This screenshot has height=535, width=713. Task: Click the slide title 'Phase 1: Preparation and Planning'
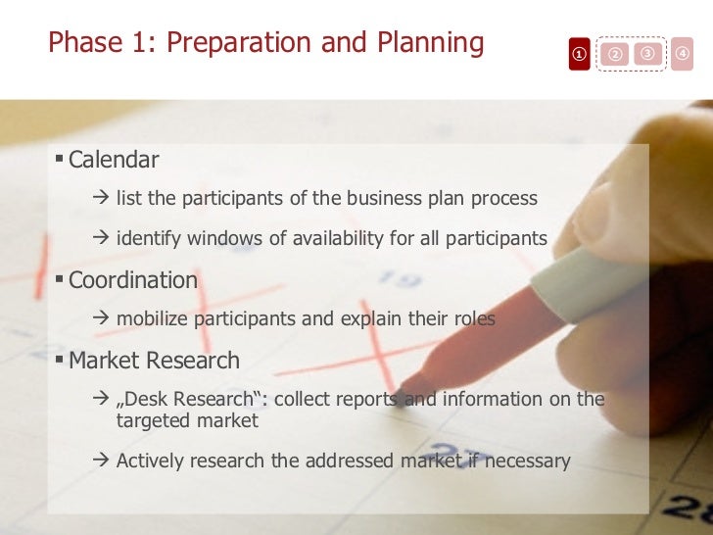coord(265,43)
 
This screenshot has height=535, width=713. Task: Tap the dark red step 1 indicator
coord(580,54)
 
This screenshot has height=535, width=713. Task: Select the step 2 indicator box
coord(615,54)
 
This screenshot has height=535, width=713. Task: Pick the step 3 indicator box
coord(646,52)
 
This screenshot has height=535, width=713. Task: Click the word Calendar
coord(114,160)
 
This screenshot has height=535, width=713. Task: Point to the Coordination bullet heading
coord(132,280)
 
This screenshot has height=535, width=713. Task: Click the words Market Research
coord(154,361)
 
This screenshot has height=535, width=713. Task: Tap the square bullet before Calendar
coord(60,159)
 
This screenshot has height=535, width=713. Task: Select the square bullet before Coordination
coord(60,279)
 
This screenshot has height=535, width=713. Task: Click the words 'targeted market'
coord(187,421)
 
